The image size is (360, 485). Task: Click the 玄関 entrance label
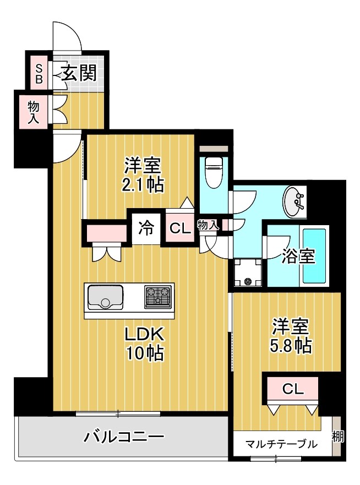[x=79, y=73]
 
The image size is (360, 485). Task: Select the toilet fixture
[x=212, y=172]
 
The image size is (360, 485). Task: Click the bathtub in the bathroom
[x=314, y=256]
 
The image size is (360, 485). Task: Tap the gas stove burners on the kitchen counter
[x=159, y=297]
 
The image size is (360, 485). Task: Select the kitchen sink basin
[x=105, y=297]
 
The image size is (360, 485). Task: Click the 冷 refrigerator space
[x=146, y=227]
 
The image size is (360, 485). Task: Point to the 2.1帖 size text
[x=143, y=184]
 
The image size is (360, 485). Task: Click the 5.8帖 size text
[x=292, y=346]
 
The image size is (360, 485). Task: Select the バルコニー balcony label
[x=124, y=438]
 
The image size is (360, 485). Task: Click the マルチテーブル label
[x=281, y=444]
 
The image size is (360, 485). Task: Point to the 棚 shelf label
[x=337, y=437]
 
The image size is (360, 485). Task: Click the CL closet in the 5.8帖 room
[x=293, y=389]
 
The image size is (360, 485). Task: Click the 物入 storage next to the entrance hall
[x=34, y=111]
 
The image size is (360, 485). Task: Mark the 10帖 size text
[x=143, y=354]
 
